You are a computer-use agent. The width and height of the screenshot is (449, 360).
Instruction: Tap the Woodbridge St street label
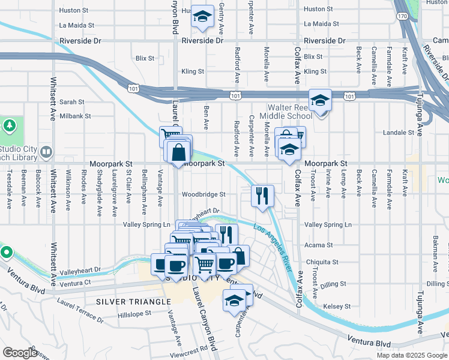tap(203, 194)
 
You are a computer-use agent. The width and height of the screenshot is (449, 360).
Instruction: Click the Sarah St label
tap(71, 103)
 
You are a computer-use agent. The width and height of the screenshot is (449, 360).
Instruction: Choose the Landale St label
tap(399, 133)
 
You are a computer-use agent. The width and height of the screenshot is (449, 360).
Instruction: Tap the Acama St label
tap(318, 245)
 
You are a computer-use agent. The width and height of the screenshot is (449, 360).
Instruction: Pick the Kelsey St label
tap(336, 306)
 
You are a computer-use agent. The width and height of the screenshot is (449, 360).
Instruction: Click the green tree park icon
tap(9, 126)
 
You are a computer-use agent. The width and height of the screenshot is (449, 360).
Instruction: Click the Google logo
tap(20, 353)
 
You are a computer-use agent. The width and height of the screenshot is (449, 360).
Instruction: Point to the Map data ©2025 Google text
tap(411, 355)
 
